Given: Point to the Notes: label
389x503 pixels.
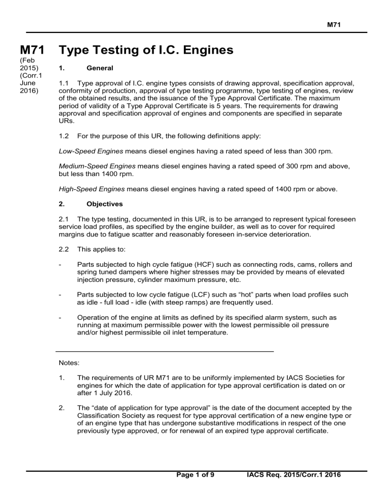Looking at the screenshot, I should (70, 363).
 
